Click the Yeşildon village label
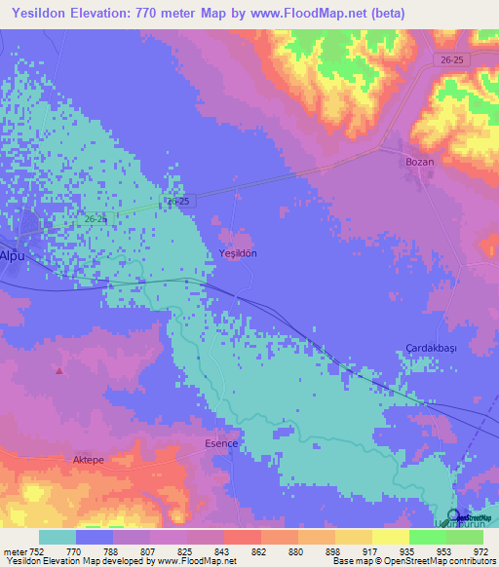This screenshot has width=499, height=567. pyautogui.click(x=238, y=253)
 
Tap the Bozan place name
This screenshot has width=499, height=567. pyautogui.click(x=419, y=162)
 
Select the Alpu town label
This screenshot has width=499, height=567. pyautogui.click(x=11, y=255)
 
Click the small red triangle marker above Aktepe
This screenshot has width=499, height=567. pyautogui.click(x=59, y=370)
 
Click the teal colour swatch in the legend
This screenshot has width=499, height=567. pyautogui.click(x=58, y=537)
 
